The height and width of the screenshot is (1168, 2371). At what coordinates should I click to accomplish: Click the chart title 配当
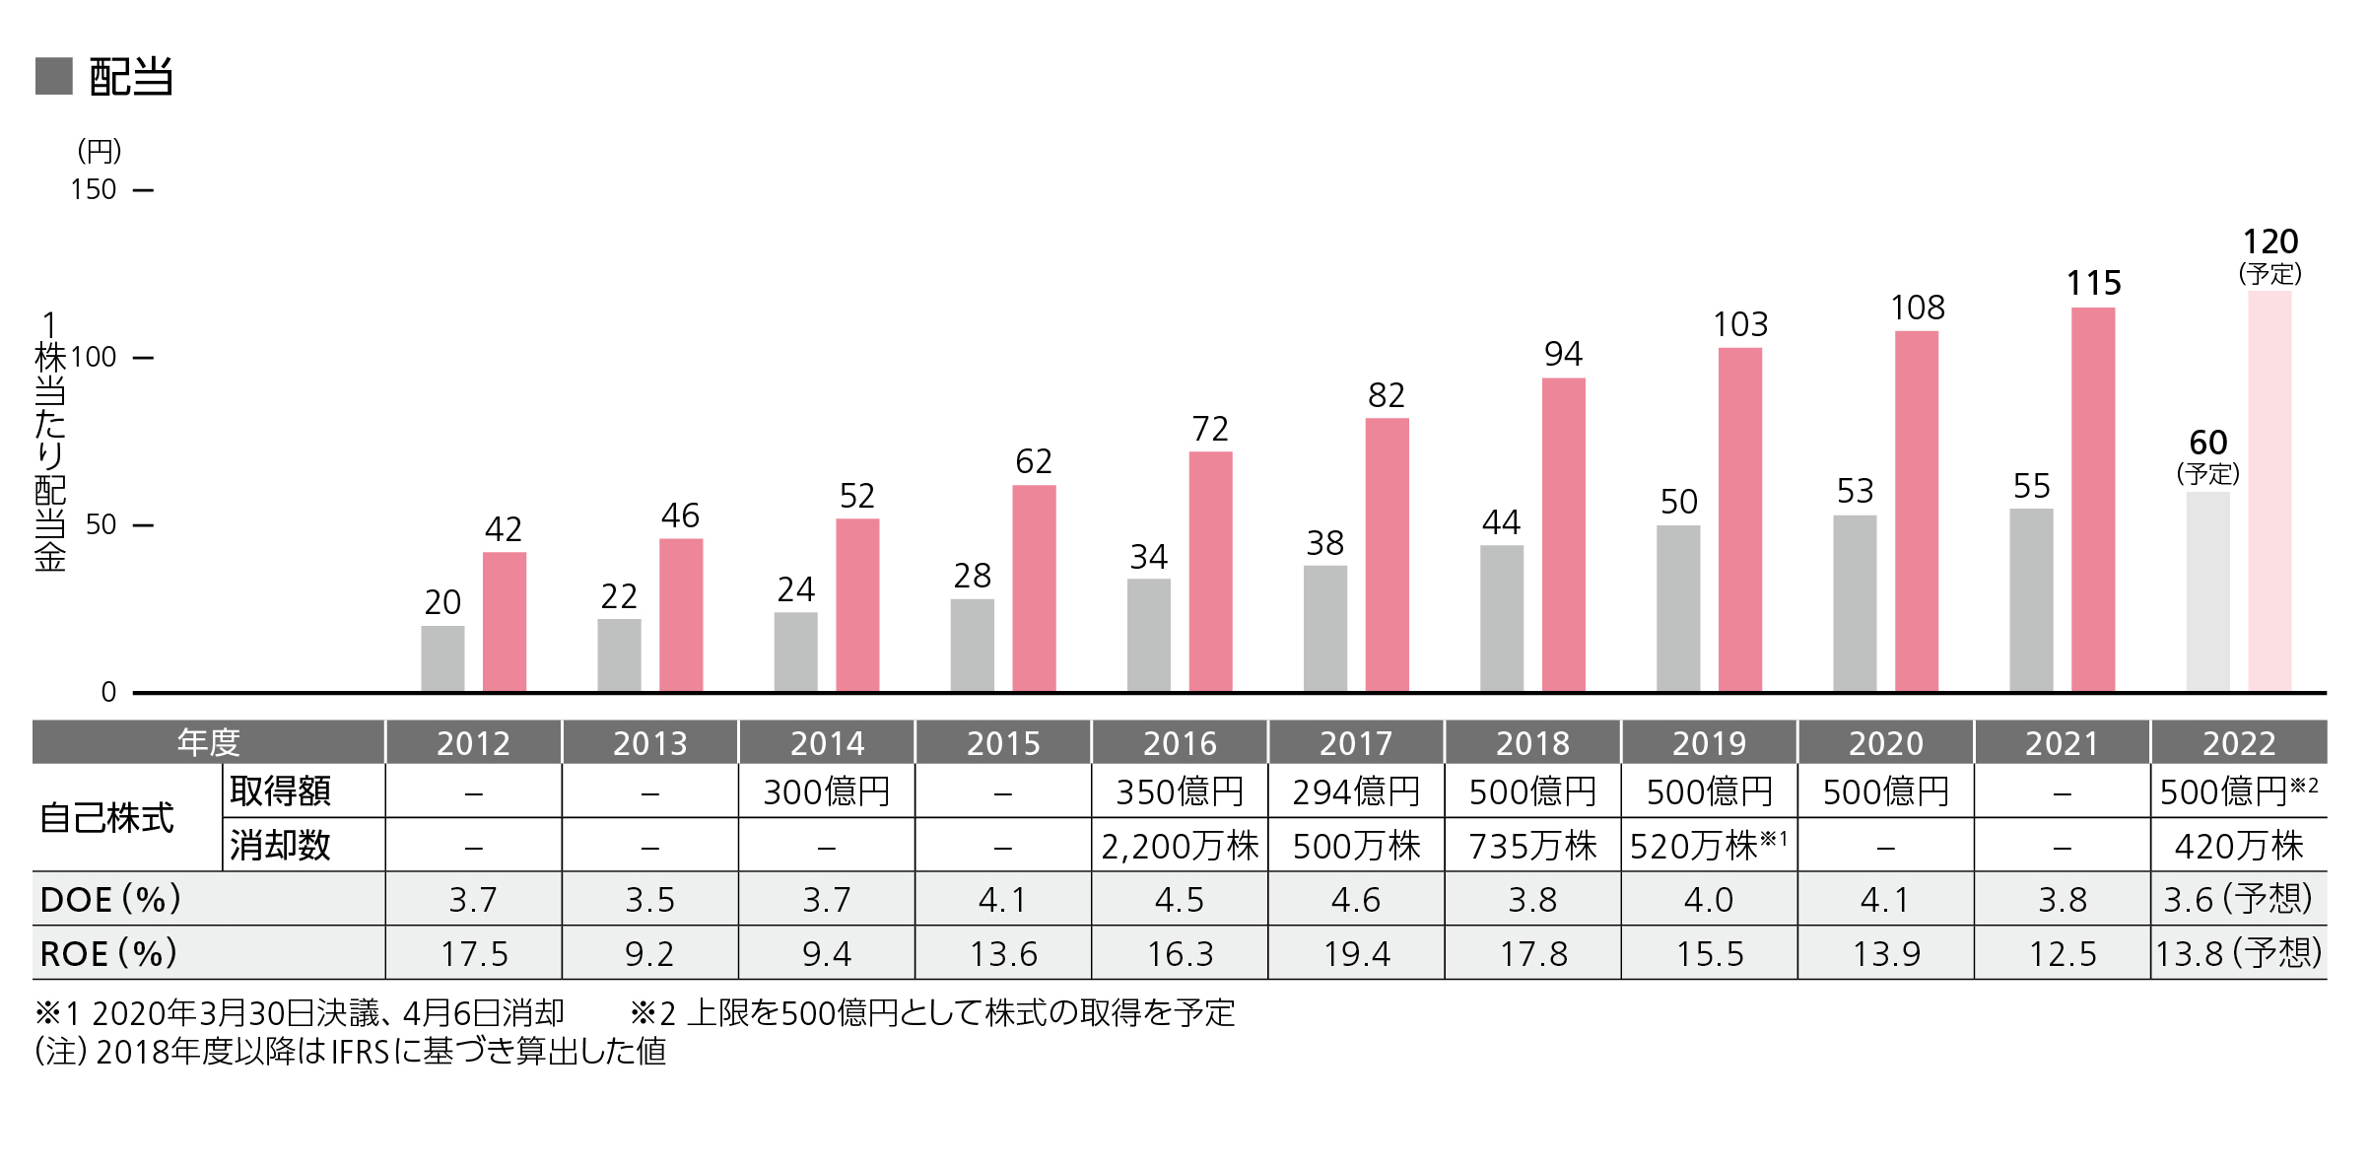130,77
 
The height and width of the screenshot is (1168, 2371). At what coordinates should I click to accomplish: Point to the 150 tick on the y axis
94,189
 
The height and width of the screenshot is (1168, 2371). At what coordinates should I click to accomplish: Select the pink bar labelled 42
504,622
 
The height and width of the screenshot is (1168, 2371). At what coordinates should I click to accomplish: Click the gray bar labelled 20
442,658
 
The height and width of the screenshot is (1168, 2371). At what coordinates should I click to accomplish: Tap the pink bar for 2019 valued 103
1739,519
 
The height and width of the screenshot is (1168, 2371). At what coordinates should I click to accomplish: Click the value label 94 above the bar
1563,354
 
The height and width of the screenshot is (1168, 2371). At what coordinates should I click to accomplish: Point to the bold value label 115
2093,284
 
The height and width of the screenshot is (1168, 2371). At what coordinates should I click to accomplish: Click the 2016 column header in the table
1180,742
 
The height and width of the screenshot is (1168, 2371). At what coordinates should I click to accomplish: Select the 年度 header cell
208,742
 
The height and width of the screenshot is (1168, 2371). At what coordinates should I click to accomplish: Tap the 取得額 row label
281,790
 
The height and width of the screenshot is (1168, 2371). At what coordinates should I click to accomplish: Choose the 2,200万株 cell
1180,846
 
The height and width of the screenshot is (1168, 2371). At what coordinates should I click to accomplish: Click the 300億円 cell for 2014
827,791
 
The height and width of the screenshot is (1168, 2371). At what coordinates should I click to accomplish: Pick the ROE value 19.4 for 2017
1356,953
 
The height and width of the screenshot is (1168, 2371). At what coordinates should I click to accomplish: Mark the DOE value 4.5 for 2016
1180,899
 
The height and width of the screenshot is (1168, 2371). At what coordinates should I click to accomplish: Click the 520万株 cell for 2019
1708,846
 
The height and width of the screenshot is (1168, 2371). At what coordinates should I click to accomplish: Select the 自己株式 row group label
106,818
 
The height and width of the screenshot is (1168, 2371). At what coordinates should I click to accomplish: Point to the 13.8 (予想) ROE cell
2238,953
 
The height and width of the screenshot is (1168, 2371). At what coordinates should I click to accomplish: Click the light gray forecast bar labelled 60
2207,591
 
